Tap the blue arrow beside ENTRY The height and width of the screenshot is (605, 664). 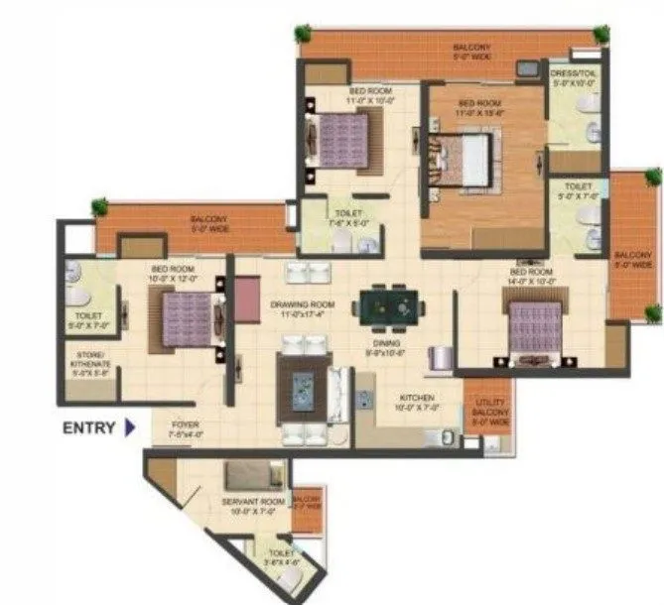tap(130, 428)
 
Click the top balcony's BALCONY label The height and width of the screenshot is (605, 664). tap(473, 49)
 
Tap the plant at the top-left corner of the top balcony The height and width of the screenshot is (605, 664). tap(302, 33)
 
